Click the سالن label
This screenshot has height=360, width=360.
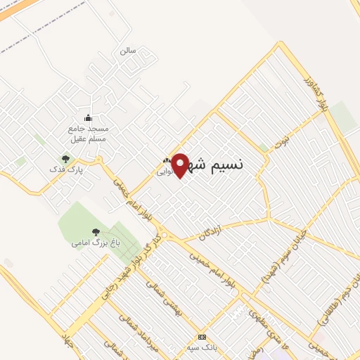tap(127, 51)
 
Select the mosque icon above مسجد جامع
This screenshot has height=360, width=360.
tap(88, 117)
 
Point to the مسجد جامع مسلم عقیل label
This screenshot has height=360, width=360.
tap(89, 134)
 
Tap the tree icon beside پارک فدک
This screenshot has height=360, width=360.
tap(66, 160)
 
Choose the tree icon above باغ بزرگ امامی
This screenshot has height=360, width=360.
tap(96, 232)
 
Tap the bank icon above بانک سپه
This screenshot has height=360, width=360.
tap(202, 336)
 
